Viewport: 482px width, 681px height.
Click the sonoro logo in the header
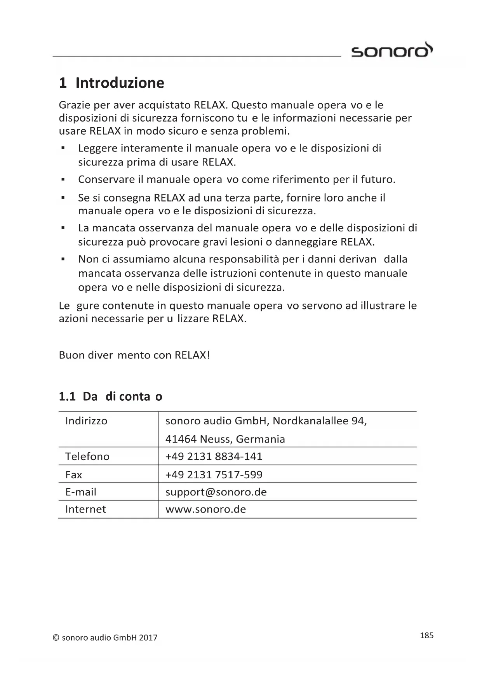392,50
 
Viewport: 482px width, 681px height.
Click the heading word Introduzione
120,83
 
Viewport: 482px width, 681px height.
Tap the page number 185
426,635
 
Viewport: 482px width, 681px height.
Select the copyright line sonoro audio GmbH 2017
105,638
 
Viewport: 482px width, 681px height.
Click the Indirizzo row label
86,421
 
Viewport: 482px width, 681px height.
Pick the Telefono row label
87,456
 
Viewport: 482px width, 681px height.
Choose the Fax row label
74,474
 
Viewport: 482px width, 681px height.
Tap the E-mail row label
81,492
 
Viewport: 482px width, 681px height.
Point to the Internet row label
85,509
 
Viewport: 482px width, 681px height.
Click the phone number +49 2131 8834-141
214,456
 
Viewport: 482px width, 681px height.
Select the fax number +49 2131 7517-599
214,474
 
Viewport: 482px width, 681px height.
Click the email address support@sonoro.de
216,492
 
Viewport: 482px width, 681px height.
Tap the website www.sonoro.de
206,509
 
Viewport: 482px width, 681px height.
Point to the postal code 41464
181,439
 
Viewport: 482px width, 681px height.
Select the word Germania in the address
260,439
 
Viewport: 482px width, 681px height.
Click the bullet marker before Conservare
62,179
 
